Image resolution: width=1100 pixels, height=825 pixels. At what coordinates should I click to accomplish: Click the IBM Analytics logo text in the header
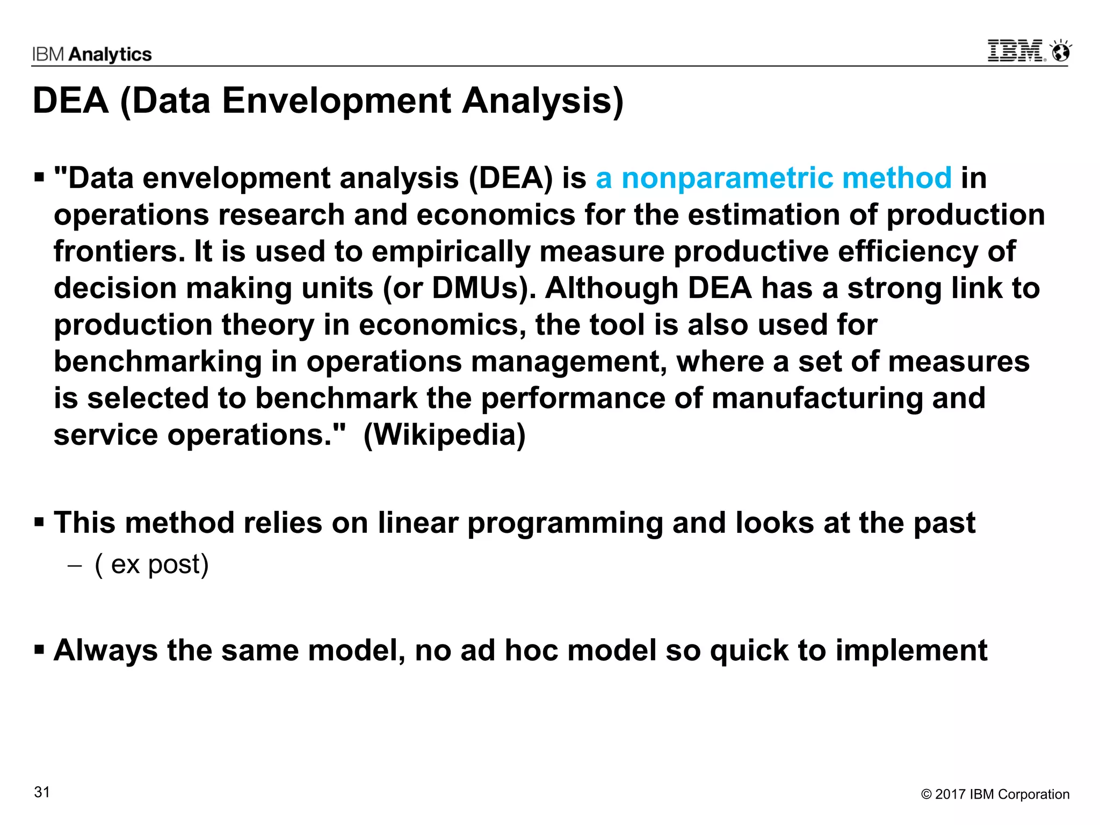[x=92, y=54]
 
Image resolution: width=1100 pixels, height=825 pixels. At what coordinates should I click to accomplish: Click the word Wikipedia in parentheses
[x=445, y=435]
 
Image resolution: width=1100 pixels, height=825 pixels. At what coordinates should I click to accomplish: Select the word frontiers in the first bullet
[x=119, y=251]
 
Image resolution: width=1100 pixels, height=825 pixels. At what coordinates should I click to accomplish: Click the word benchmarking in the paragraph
[x=158, y=361]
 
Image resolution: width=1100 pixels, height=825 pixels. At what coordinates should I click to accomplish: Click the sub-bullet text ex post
[x=151, y=564]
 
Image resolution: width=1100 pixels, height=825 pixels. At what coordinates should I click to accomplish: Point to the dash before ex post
[x=75, y=566]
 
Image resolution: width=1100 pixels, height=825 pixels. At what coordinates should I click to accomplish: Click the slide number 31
[x=42, y=792]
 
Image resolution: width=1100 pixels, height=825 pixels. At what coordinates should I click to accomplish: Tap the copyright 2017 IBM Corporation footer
[x=995, y=794]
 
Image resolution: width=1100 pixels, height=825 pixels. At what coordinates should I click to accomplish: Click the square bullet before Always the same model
[x=39, y=650]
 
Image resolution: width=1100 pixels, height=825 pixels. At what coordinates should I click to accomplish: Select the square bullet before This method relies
[x=39, y=522]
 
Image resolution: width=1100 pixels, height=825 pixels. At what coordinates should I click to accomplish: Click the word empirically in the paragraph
[x=451, y=251]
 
